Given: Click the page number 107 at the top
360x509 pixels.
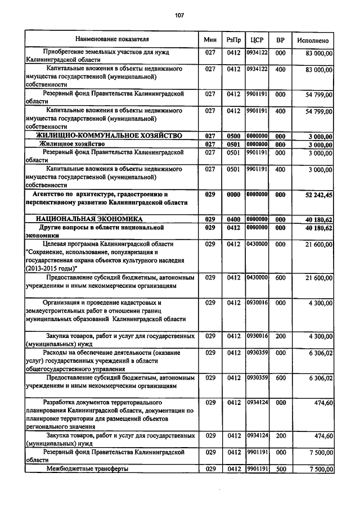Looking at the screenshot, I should click(x=179, y=15).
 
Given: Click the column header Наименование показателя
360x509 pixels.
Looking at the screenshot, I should click(x=112, y=40).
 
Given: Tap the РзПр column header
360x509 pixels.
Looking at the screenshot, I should click(x=233, y=40).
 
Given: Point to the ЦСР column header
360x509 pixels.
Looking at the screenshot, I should click(x=256, y=40).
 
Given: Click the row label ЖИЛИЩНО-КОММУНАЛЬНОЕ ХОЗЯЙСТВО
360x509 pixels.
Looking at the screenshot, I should click(x=109, y=136).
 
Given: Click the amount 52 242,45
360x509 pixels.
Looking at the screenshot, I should click(x=317, y=195).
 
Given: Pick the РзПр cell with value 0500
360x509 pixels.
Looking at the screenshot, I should click(x=233, y=136).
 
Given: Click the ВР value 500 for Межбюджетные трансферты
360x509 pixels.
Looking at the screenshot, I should click(x=280, y=469).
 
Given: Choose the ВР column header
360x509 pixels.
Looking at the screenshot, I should click(x=280, y=40).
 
